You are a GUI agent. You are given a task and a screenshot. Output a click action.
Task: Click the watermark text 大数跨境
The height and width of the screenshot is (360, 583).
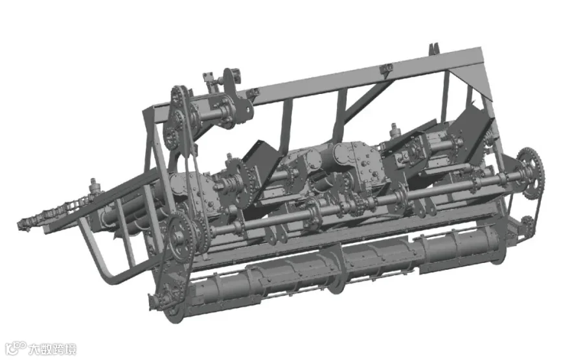52,350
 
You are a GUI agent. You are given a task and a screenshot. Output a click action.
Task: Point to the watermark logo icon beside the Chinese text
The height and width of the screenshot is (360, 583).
16,348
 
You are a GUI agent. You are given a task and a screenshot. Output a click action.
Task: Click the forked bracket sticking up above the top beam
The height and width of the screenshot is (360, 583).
433,49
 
